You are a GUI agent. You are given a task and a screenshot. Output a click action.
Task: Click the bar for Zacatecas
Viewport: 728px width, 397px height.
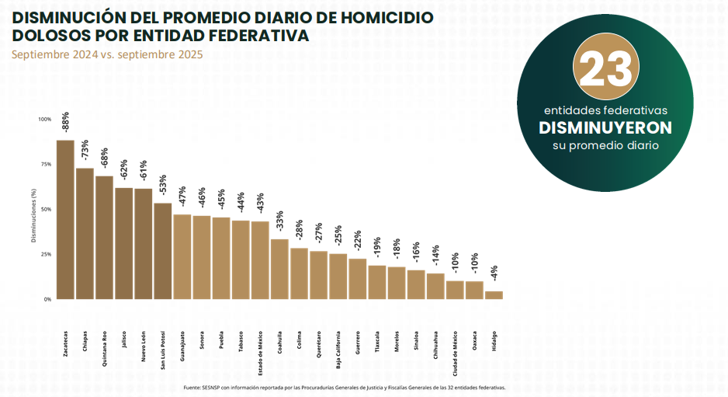pos(65,219)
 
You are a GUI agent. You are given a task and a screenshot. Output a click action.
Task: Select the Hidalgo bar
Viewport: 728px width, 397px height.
pos(494,295)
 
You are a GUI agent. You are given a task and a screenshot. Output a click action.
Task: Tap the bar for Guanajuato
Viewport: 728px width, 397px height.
pos(182,256)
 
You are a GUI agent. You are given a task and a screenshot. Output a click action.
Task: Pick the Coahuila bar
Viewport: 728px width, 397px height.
pos(279,269)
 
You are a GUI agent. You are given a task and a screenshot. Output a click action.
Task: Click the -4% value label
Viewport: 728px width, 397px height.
pos(494,274)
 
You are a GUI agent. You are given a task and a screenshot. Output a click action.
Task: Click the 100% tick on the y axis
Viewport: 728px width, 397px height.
pos(44,120)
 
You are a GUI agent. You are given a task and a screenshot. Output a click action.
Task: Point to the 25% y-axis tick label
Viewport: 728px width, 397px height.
pos(46,254)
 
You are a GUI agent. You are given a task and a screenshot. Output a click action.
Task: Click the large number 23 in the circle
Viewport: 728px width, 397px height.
pos(605,71)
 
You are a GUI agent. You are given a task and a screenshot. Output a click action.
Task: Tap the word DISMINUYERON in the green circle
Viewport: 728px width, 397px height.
pos(605,127)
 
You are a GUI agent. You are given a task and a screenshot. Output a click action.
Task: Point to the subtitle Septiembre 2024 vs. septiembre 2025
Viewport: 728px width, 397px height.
pos(107,54)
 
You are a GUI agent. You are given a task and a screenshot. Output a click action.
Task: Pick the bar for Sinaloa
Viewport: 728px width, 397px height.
pos(416,284)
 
